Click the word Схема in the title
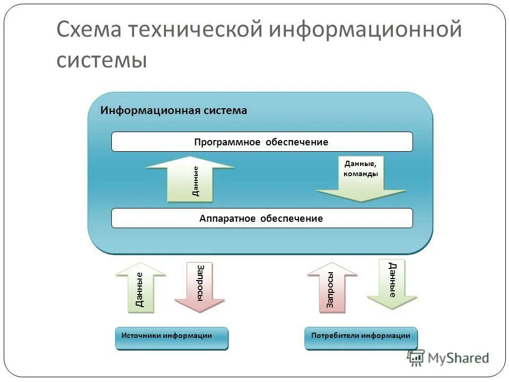click(89, 30)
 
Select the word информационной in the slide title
click(365, 30)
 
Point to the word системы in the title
click(101, 59)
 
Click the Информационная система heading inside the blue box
click(174, 110)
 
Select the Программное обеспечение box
click(261, 142)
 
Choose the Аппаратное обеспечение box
click(261, 218)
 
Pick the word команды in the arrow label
click(361, 173)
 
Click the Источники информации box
click(171, 338)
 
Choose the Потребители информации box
click(361, 338)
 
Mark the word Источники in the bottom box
click(141, 335)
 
